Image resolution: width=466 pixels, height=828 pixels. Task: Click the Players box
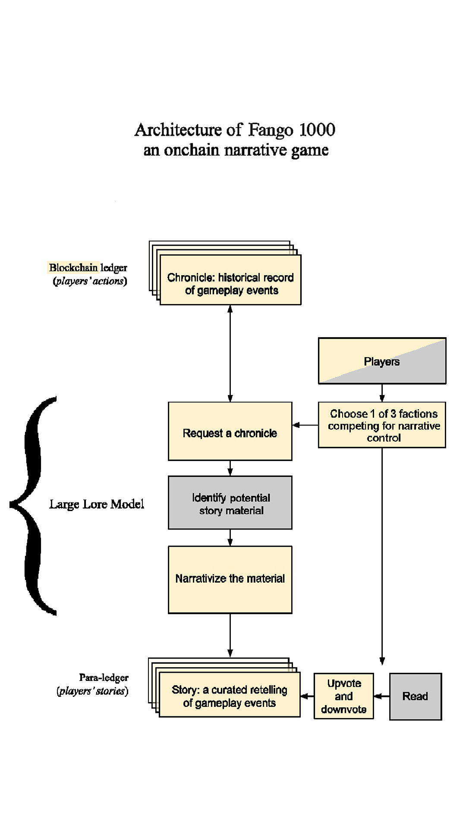pyautogui.click(x=382, y=361)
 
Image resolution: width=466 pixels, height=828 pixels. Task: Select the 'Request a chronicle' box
pyautogui.click(x=230, y=431)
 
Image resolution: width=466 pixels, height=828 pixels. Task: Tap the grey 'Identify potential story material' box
pyautogui.click(x=230, y=503)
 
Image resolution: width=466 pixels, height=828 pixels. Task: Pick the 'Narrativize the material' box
pyautogui.click(x=230, y=580)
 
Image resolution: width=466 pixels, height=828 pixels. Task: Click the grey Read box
pyautogui.click(x=416, y=696)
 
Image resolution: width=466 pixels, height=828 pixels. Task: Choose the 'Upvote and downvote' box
pyautogui.click(x=343, y=696)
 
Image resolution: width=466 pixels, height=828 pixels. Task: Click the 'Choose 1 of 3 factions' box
pyautogui.click(x=382, y=425)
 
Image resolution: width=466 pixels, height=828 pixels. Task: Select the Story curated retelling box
pyautogui.click(x=230, y=695)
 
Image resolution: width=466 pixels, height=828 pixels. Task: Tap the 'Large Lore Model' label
pyautogui.click(x=97, y=504)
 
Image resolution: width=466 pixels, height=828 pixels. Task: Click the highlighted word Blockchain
pyautogui.click(x=73, y=268)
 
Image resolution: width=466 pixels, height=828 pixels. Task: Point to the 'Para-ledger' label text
pyautogui.click(x=104, y=677)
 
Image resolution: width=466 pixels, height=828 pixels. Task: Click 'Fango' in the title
pyautogui.click(x=271, y=130)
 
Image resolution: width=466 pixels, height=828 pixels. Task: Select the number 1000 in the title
pyautogui.click(x=317, y=130)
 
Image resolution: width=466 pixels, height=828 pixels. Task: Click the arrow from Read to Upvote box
pyautogui.click(x=381, y=696)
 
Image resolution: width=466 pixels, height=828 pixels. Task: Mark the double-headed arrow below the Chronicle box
pyautogui.click(x=230, y=354)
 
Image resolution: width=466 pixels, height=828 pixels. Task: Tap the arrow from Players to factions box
pyautogui.click(x=382, y=393)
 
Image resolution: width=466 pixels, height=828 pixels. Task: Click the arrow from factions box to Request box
pyautogui.click(x=305, y=425)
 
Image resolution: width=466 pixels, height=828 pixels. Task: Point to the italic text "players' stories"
pyautogui.click(x=92, y=691)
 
